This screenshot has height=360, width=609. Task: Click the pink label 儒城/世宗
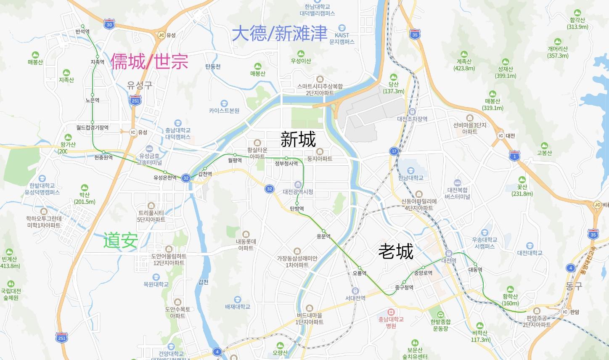(x=149, y=61)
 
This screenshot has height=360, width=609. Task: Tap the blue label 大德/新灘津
(x=280, y=33)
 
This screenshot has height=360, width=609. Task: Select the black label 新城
(x=298, y=139)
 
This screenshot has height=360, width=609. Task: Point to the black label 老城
(x=396, y=251)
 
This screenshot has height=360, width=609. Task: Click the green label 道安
(x=121, y=240)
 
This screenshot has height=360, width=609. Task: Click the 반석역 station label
(x=82, y=32)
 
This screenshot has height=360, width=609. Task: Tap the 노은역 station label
(x=92, y=101)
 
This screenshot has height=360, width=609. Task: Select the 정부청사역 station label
(x=286, y=164)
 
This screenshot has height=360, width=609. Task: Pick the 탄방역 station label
(x=297, y=209)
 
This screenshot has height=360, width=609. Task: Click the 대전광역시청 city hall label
(x=298, y=192)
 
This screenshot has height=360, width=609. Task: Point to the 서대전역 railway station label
(x=355, y=298)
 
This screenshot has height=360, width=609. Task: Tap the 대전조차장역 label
(x=412, y=119)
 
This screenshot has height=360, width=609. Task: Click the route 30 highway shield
(x=109, y=24)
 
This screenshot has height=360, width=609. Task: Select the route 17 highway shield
(x=394, y=151)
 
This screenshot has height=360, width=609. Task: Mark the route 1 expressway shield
(x=514, y=156)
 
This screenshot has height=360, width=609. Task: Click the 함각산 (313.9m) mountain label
(x=577, y=24)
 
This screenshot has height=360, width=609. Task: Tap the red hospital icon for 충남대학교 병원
(x=392, y=312)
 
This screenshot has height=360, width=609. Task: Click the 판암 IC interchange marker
(x=566, y=312)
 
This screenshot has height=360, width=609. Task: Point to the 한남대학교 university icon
(x=410, y=170)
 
